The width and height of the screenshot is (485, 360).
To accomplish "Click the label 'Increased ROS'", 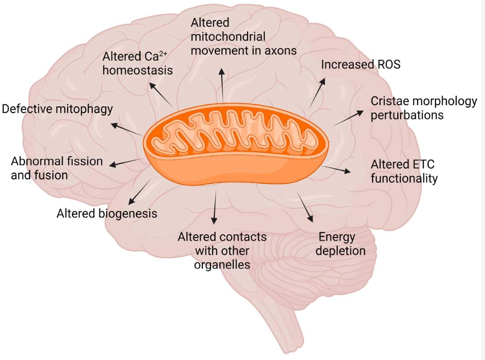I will click(x=360, y=64).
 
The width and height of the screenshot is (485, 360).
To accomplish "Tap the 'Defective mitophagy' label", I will click(x=57, y=109).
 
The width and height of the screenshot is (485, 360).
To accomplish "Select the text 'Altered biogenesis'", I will click(x=107, y=213).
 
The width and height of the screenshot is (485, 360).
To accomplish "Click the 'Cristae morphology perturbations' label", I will click(x=423, y=107).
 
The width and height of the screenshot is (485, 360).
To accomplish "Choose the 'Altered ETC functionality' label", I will click(x=404, y=171).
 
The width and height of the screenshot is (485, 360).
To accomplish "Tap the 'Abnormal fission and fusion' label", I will click(x=57, y=168).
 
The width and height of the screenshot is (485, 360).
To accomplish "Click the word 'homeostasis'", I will click(x=138, y=70).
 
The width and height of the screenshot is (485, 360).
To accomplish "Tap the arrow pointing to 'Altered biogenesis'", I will click(x=139, y=192).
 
